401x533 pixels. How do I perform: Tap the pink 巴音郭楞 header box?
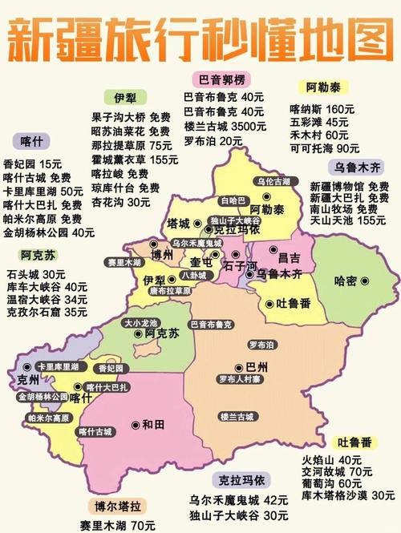click(x=221, y=79)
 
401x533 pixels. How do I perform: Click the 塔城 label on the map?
click(x=178, y=222)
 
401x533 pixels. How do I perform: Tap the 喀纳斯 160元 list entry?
click(x=322, y=108)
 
